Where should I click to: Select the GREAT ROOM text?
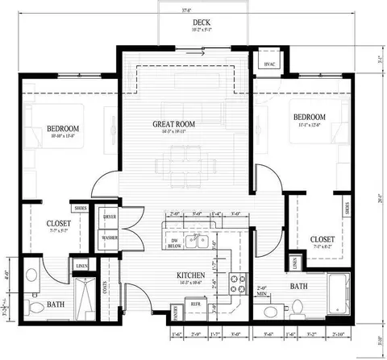click(176, 124)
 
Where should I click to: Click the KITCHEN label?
click(191, 276)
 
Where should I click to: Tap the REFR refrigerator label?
click(196, 304)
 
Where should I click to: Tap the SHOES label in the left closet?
click(81, 207)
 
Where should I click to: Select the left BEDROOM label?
click(61, 129)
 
